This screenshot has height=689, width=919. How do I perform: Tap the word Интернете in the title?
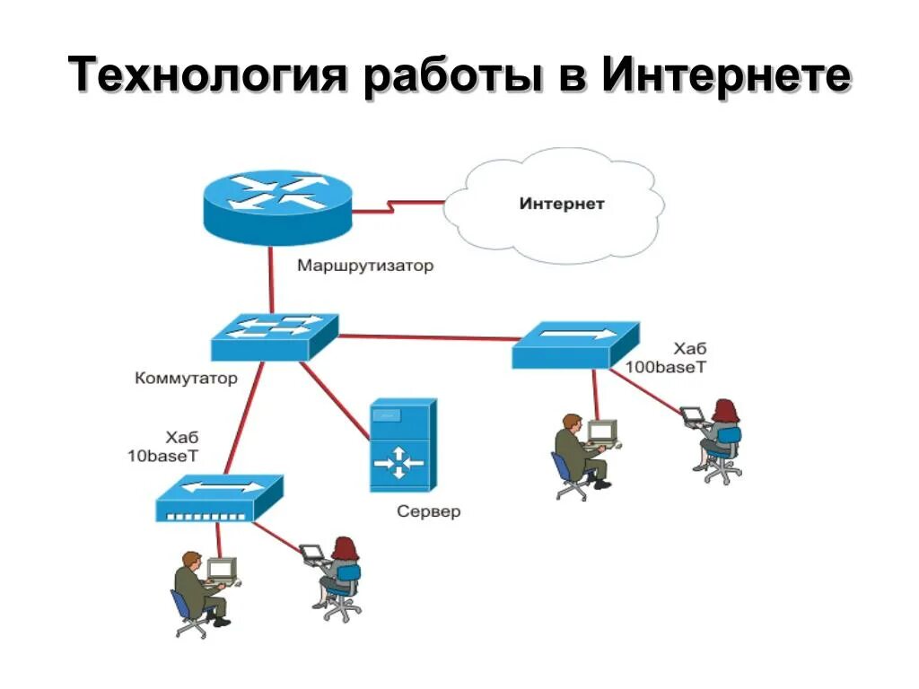point(725,75)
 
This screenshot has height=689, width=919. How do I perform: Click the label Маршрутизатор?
point(365,266)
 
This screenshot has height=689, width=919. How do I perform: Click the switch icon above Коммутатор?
point(275,336)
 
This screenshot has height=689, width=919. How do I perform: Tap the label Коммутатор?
point(187,378)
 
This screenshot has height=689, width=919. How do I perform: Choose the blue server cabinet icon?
point(403,446)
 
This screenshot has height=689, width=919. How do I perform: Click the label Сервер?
point(429,512)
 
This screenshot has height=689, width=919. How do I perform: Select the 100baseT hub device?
point(575,344)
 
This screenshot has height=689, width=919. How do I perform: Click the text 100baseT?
point(666,368)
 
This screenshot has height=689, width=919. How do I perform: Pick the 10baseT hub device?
point(219,499)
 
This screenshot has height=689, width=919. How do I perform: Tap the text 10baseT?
point(162,456)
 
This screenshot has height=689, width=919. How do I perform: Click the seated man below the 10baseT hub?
point(197,592)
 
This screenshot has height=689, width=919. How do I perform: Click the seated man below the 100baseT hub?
point(575,454)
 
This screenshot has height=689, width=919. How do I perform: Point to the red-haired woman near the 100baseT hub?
point(720,439)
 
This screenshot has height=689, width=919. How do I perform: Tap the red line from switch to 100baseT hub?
point(426,337)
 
